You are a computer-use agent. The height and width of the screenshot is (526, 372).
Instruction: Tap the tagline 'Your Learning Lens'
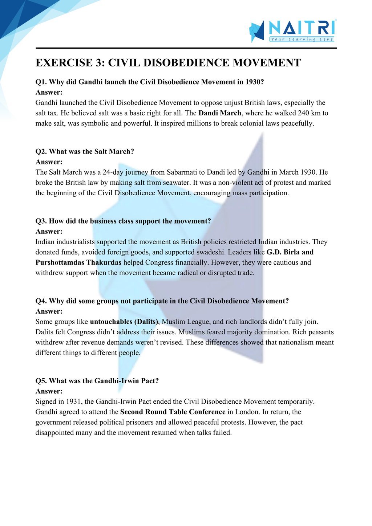click(x=302, y=39)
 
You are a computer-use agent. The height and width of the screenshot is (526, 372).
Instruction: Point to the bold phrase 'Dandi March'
click(x=219, y=113)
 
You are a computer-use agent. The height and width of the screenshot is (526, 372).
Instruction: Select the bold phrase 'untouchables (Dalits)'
click(x=124, y=322)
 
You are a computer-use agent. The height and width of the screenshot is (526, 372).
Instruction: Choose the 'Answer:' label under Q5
click(x=49, y=391)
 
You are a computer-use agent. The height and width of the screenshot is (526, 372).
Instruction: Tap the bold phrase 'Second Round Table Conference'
click(x=173, y=412)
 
